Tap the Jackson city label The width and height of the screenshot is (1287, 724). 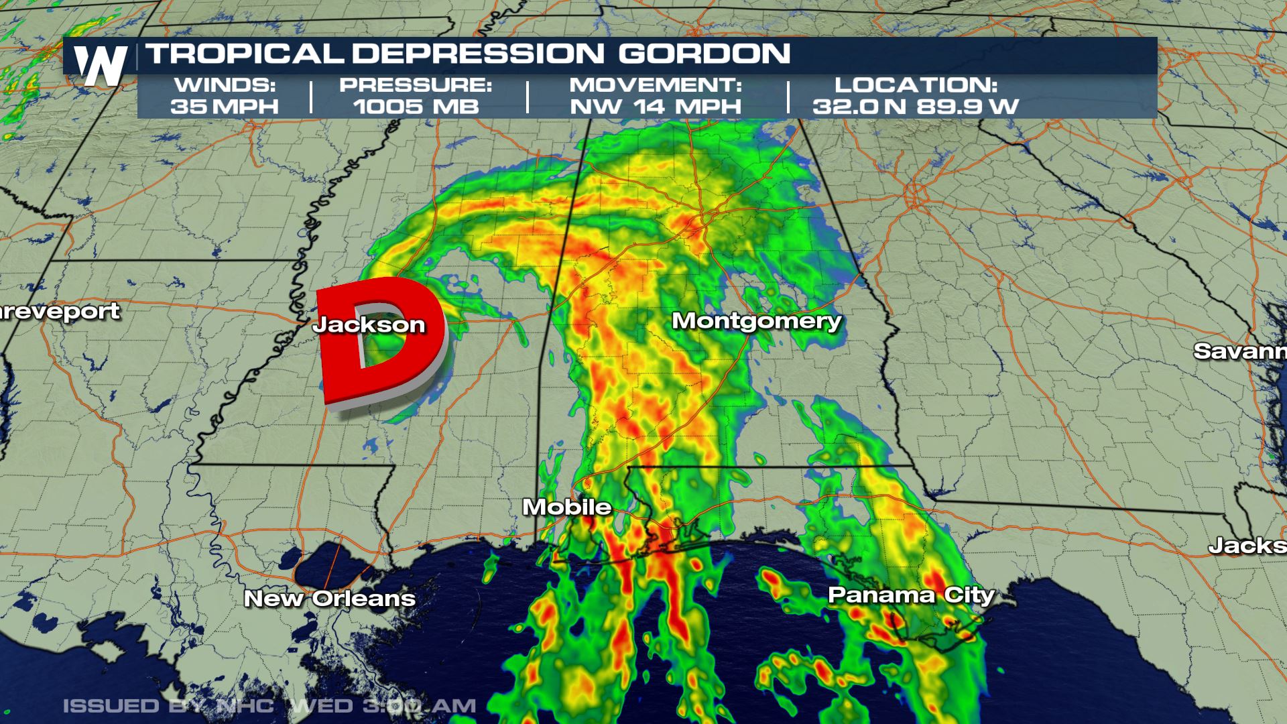pyautogui.click(x=369, y=324)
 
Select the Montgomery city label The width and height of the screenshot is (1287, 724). pyautogui.click(x=756, y=320)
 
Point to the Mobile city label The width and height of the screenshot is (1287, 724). pyautogui.click(x=566, y=507)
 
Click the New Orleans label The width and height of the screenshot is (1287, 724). pyautogui.click(x=329, y=598)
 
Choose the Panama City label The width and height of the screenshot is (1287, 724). pyautogui.click(x=911, y=595)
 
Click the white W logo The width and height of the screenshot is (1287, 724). pyautogui.click(x=101, y=65)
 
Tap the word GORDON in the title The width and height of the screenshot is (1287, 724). pyautogui.click(x=704, y=54)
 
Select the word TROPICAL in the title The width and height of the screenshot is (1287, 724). pyautogui.click(x=244, y=54)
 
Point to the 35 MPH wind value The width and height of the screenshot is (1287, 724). pyautogui.click(x=224, y=106)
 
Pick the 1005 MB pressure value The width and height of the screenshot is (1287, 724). pyautogui.click(x=416, y=106)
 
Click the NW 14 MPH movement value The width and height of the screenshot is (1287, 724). pyautogui.click(x=656, y=106)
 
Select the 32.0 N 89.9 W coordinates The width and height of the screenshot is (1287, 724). pyautogui.click(x=916, y=106)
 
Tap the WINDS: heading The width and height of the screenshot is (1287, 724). pyautogui.click(x=224, y=85)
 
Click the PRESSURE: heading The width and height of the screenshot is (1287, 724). pyautogui.click(x=416, y=85)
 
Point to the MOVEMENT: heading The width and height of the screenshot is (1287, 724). pyautogui.click(x=656, y=85)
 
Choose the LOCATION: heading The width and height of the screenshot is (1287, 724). pyautogui.click(x=916, y=85)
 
